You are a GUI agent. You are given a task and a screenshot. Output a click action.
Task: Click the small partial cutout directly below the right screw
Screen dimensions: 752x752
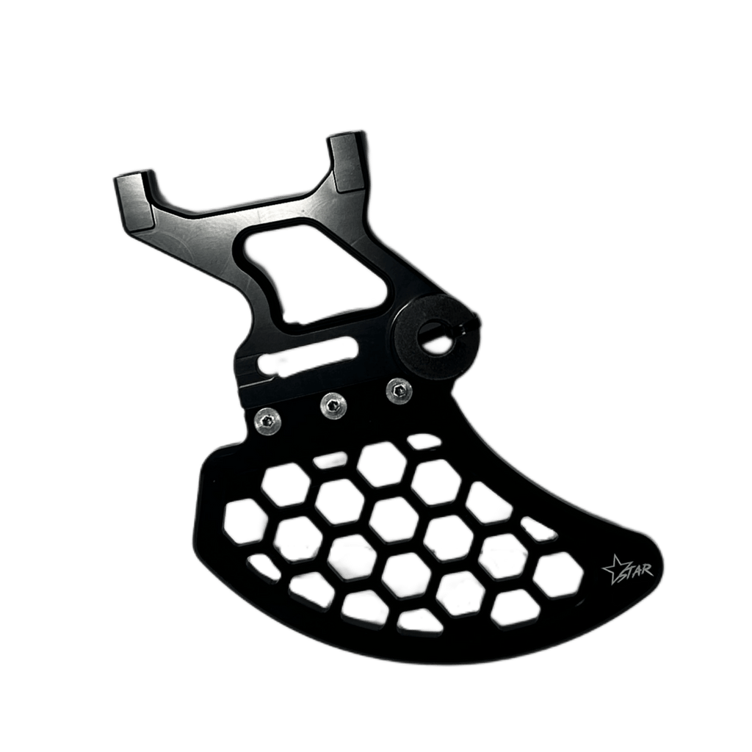420,442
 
